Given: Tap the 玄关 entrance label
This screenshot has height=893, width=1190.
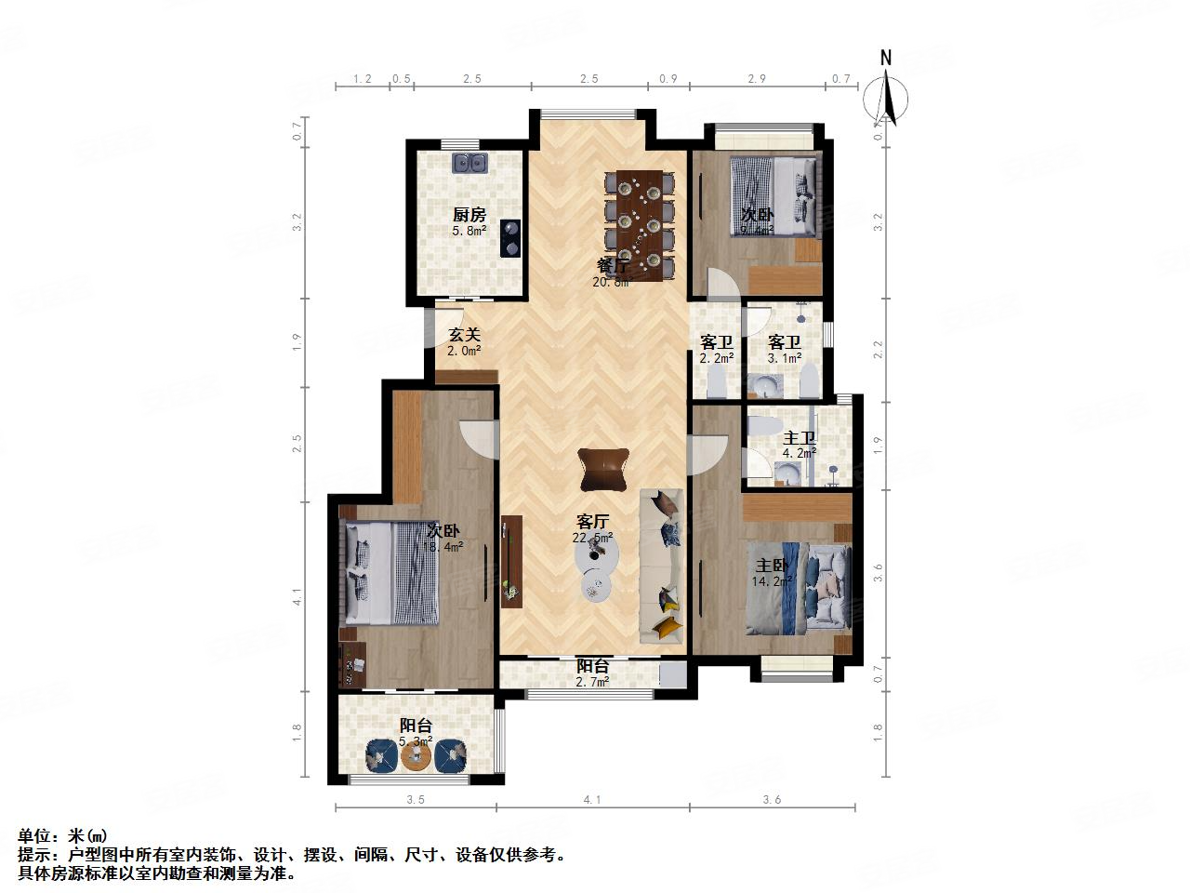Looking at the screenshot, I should pyautogui.click(x=465, y=335).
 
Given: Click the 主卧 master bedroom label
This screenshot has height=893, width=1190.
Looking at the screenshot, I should pyautogui.click(x=772, y=566).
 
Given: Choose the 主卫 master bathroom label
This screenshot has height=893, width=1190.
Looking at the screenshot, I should pyautogui.click(x=799, y=437).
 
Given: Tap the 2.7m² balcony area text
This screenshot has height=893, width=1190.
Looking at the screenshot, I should pyautogui.click(x=592, y=682).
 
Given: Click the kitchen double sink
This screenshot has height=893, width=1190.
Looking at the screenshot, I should pyautogui.click(x=471, y=164).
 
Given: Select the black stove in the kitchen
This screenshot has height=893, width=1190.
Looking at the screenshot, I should pyautogui.click(x=509, y=237).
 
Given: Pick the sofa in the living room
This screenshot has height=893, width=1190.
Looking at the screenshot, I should pyautogui.click(x=663, y=566).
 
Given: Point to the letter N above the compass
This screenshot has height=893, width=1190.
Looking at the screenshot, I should pyautogui.click(x=886, y=58).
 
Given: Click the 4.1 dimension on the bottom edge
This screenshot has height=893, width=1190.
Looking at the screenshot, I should pyautogui.click(x=592, y=799).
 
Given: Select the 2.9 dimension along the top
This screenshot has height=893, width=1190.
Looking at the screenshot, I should pyautogui.click(x=757, y=79).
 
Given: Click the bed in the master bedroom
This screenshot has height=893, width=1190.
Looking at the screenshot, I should pyautogui.click(x=798, y=592).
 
